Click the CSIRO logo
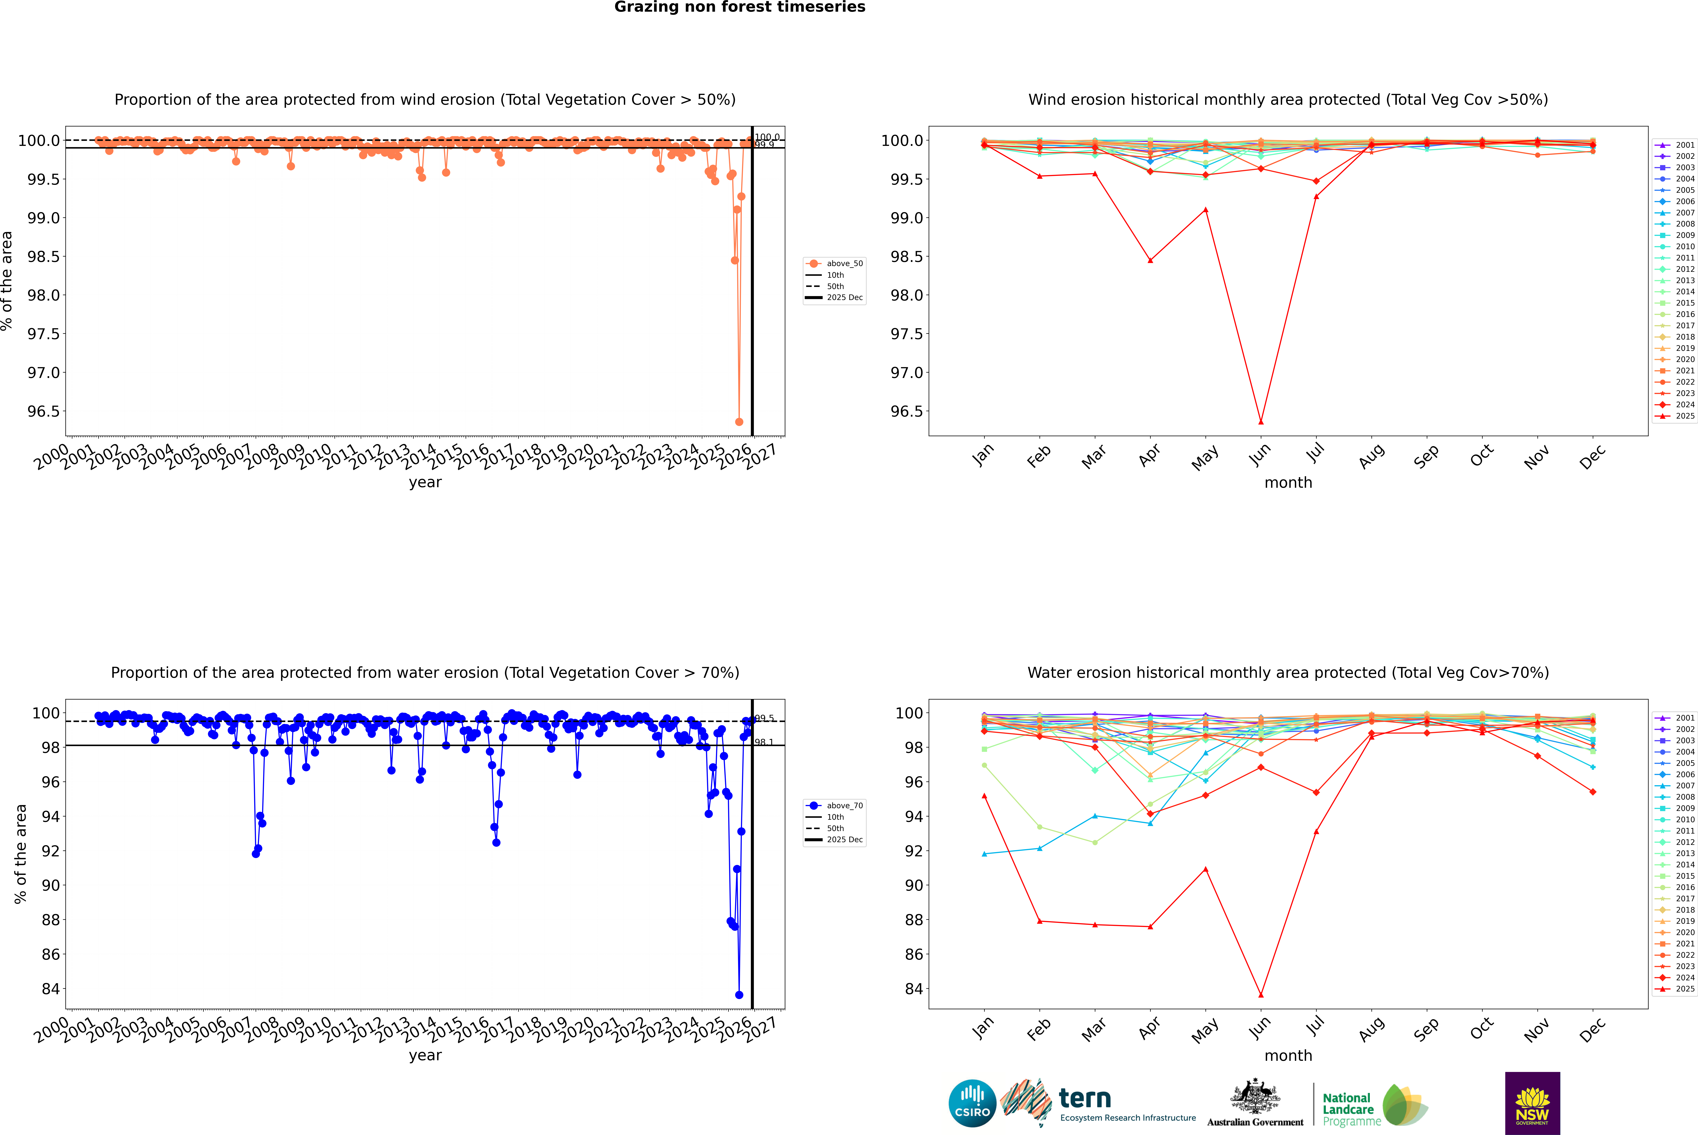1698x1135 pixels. pyautogui.click(x=972, y=1103)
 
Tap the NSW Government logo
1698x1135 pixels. pyautogui.click(x=1532, y=1103)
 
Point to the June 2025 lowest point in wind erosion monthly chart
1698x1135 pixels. pyautogui.click(x=1261, y=422)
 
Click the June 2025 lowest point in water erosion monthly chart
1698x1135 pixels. pyautogui.click(x=1261, y=995)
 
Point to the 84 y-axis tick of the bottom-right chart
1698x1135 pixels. pyautogui.click(x=914, y=989)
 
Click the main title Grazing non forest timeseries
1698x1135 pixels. pyautogui.click(x=740, y=7)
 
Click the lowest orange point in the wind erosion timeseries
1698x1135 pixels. pyautogui.click(x=739, y=422)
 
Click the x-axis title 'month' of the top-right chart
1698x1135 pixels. pyautogui.click(x=1288, y=483)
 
